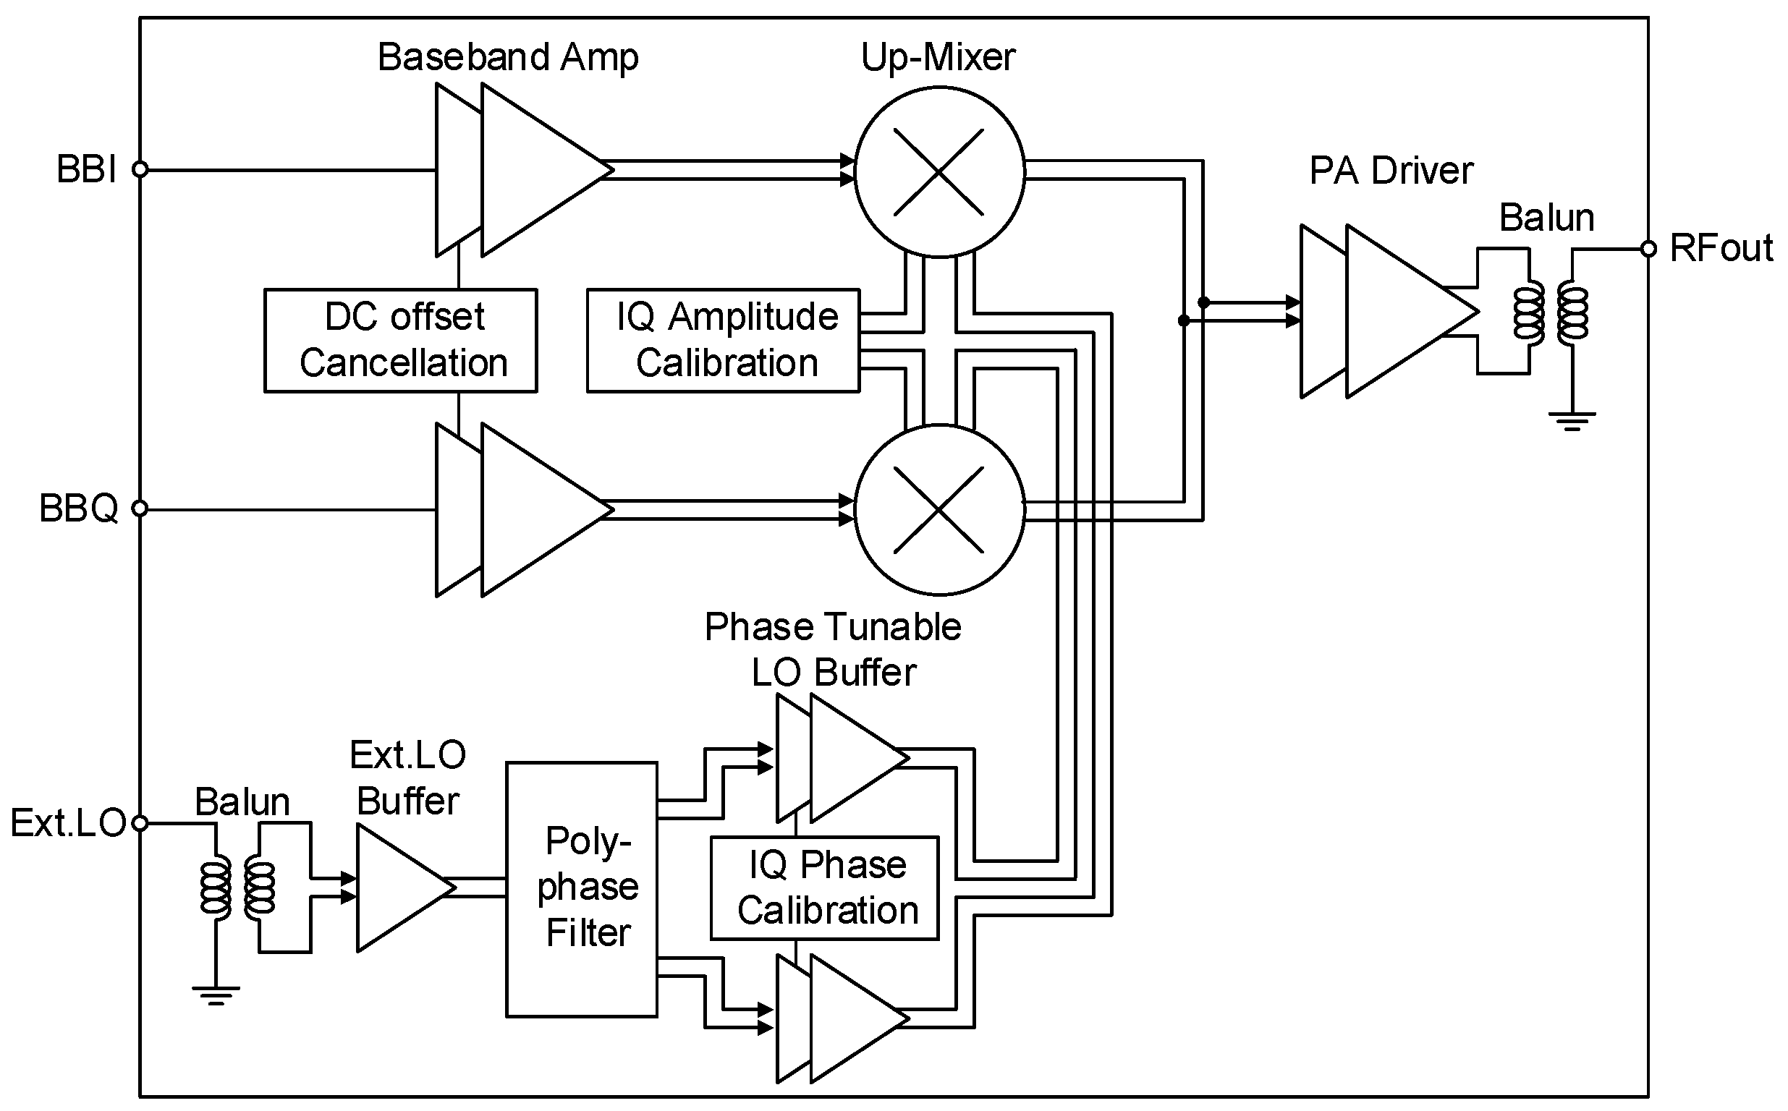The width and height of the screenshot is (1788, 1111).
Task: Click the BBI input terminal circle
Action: [140, 170]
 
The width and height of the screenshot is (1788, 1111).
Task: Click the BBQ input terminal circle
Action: [140, 508]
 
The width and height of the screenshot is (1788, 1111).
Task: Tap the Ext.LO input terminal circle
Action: [140, 823]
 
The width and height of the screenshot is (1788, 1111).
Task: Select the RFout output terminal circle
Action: [1648, 249]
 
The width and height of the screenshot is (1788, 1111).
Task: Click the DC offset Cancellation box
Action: [401, 340]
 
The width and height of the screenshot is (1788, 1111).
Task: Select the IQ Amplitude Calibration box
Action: [723, 340]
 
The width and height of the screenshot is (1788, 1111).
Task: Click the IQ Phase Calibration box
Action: [825, 887]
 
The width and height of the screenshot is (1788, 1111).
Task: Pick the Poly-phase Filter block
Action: [581, 889]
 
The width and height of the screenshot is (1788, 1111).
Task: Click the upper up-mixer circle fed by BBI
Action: [939, 172]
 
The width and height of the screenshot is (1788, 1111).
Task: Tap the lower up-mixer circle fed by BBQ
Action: [939, 510]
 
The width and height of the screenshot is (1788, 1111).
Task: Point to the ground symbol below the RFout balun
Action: [1572, 421]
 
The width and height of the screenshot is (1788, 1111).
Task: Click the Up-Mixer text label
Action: [938, 57]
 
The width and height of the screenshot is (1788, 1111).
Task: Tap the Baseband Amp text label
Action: [507, 57]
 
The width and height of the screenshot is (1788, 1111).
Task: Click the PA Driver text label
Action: [1391, 171]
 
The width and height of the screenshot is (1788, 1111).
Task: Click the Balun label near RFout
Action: [1546, 218]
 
